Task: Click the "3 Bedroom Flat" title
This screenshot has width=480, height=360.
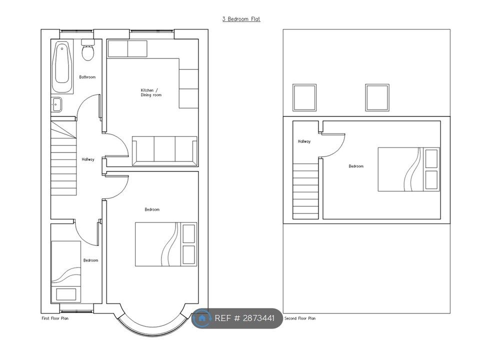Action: coord(241,19)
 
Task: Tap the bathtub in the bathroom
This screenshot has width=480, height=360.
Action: coord(62,66)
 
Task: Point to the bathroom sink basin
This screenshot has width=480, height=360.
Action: coord(56,104)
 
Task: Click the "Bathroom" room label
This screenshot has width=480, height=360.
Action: coord(87,77)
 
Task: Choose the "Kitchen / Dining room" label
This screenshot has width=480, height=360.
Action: coord(151,92)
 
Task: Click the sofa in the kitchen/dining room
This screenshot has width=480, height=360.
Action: coord(164,151)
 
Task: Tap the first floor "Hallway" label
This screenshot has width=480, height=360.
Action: coord(88,159)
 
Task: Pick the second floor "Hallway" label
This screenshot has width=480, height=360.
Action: coord(304,141)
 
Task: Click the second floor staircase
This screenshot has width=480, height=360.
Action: coord(305,191)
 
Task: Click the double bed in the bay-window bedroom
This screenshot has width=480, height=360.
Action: coord(166,244)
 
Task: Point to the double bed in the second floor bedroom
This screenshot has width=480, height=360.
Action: coord(408,169)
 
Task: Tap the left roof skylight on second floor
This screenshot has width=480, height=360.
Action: coord(304,97)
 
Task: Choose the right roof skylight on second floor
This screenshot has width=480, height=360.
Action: coord(377,97)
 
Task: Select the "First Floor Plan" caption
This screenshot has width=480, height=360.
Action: coord(55,318)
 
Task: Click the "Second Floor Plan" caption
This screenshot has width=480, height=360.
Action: coord(300,318)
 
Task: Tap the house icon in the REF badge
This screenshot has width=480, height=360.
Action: coord(201,318)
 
